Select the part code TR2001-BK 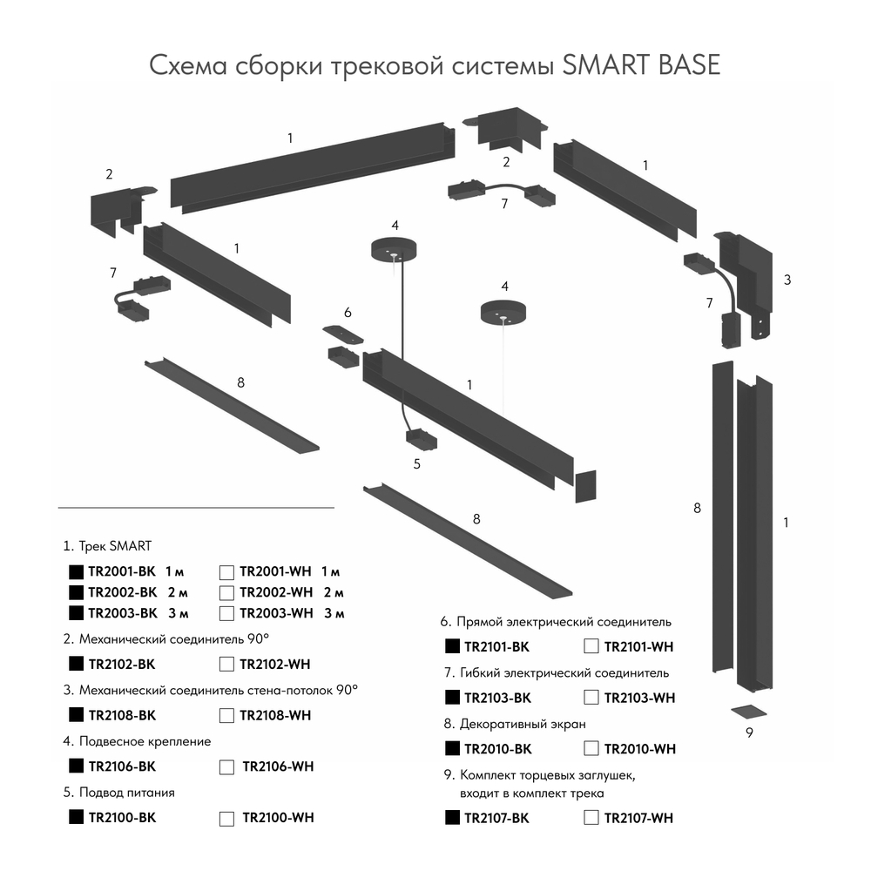point(121,571)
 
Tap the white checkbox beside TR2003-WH point(226,612)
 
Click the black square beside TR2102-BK point(76,664)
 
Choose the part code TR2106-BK point(121,766)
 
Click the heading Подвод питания point(126,792)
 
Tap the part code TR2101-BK point(496,646)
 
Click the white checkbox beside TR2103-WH point(591,697)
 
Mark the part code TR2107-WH point(638,817)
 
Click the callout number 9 point(748,733)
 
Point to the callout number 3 point(787,280)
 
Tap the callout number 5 point(417,463)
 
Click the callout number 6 point(348,312)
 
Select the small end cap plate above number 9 point(748,708)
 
